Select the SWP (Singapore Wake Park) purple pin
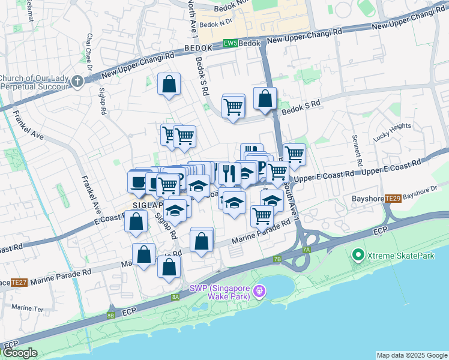259,292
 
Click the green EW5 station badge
230,43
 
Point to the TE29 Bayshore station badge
393,199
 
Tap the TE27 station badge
19,282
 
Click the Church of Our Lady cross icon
77,82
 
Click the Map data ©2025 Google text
411,355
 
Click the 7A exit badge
306,249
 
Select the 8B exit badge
110,314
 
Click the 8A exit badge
175,296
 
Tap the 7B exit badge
277,259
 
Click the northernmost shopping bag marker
169,85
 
